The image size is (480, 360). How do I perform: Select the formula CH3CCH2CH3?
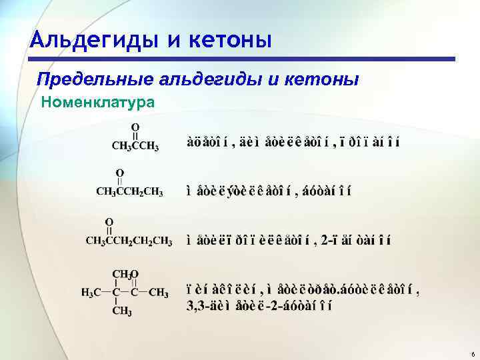tap(130, 192)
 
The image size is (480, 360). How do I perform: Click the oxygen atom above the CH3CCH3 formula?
tap(135, 126)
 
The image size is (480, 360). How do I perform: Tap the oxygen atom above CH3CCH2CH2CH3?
tap(109, 221)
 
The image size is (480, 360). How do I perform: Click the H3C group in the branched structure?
tap(91, 292)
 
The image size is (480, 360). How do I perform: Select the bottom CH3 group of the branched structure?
tap(121, 311)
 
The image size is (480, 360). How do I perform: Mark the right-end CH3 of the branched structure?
tap(159, 292)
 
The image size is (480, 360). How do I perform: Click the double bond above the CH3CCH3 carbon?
tap(135, 136)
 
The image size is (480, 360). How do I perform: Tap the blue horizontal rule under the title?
tap(253, 59)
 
